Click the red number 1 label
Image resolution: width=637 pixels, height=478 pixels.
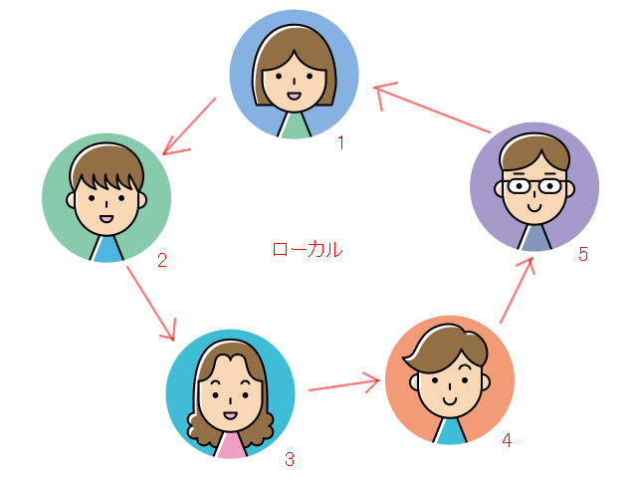(341, 142)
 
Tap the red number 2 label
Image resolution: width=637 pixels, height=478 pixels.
(162, 260)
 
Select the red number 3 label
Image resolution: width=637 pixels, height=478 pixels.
(290, 459)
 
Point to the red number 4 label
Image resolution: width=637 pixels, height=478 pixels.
(507, 440)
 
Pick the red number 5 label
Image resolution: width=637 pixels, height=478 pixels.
(583, 254)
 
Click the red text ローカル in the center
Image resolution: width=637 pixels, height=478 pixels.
(308, 250)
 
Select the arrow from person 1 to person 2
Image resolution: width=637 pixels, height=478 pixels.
(189, 126)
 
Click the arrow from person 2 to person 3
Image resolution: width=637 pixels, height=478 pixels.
(151, 304)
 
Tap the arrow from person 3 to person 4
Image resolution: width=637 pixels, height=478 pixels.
(344, 382)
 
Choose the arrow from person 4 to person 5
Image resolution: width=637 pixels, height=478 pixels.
(517, 290)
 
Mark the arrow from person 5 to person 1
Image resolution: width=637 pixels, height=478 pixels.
(432, 108)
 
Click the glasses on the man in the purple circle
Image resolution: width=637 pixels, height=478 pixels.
(534, 186)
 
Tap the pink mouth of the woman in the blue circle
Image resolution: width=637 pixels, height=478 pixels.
(295, 97)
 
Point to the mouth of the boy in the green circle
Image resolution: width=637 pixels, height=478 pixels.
(106, 219)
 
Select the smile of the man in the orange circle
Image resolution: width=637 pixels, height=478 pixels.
(450, 400)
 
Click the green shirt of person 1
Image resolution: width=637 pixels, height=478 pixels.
(295, 125)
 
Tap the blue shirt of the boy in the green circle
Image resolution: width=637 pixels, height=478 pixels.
(106, 249)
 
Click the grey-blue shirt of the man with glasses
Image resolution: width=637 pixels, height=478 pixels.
(534, 238)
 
